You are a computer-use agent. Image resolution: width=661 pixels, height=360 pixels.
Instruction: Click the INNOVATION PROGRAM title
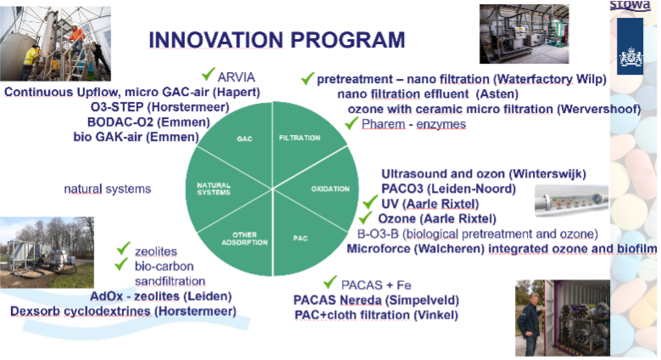[x=277, y=40]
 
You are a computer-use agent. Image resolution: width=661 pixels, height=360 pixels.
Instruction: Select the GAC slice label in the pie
[x=244, y=138]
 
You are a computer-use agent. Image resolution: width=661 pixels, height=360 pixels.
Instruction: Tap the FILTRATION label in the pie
[x=300, y=138]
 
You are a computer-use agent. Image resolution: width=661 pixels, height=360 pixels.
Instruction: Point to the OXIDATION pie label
[x=330, y=188]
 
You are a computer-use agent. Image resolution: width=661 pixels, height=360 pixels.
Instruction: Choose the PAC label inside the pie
[x=300, y=238]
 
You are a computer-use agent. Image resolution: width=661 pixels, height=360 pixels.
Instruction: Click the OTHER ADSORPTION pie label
[x=244, y=239]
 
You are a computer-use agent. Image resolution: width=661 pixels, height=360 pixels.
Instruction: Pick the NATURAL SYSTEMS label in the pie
[x=214, y=188]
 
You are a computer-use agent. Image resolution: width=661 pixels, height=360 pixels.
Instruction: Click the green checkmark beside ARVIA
[x=208, y=74]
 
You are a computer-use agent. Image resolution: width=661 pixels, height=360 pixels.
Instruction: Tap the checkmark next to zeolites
[x=123, y=248]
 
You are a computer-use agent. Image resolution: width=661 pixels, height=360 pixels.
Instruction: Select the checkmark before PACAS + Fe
[x=330, y=282]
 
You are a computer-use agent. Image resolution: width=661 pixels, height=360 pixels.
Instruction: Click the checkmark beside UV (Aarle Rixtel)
[x=370, y=202]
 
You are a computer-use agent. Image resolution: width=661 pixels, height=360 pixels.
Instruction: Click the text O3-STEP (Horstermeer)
[x=160, y=107]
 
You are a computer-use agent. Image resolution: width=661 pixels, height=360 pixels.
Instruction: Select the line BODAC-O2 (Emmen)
[x=148, y=122]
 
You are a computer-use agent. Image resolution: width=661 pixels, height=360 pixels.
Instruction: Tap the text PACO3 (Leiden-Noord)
[x=449, y=188]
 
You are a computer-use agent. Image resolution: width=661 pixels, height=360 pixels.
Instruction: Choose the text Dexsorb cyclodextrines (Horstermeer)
[x=123, y=312]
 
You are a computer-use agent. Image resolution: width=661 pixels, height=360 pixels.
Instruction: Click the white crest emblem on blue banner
[x=630, y=57]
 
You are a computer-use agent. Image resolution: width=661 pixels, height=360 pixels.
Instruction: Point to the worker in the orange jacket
[x=76, y=36]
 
